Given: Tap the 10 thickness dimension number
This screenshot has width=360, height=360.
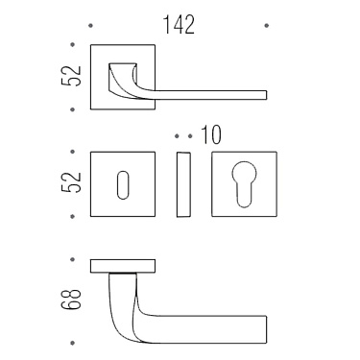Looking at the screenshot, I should point(211,135).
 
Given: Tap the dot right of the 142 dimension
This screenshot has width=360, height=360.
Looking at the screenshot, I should point(267,26).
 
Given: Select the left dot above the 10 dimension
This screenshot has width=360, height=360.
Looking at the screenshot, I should point(178,135).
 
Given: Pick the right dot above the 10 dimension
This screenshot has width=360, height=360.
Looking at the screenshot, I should point(189,135).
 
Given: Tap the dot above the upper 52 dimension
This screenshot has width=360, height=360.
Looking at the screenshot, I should point(73,42).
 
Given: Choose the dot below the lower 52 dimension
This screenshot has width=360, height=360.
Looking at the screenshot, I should point(73,217).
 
